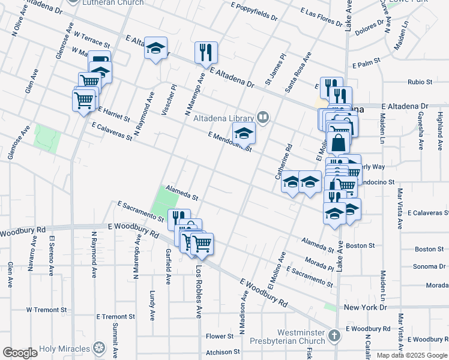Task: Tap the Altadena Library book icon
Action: (262, 117)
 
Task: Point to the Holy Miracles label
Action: (64, 348)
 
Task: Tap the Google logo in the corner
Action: (19, 353)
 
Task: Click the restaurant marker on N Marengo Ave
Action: (206, 53)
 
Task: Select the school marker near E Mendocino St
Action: (244, 134)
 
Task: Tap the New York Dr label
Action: (366, 307)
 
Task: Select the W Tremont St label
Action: (46, 310)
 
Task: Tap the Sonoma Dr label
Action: (429, 266)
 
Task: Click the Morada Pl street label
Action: (318, 263)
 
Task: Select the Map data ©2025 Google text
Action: (412, 355)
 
